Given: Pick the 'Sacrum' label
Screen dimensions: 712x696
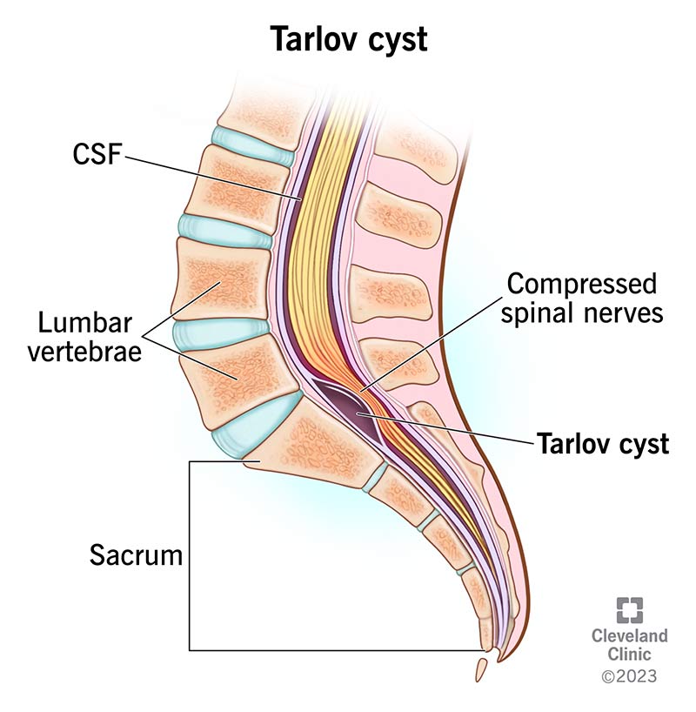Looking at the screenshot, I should (x=136, y=554).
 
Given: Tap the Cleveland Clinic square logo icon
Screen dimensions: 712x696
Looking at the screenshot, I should (x=629, y=610).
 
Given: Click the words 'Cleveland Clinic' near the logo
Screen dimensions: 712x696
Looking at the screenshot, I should (x=629, y=645).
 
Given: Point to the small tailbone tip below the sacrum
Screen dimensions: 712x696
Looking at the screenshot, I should (x=480, y=669).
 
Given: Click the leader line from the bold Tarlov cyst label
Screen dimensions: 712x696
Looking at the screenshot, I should (x=452, y=432).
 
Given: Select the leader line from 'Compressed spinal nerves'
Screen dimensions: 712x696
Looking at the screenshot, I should (x=435, y=344).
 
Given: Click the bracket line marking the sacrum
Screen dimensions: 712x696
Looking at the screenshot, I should (x=190, y=557).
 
